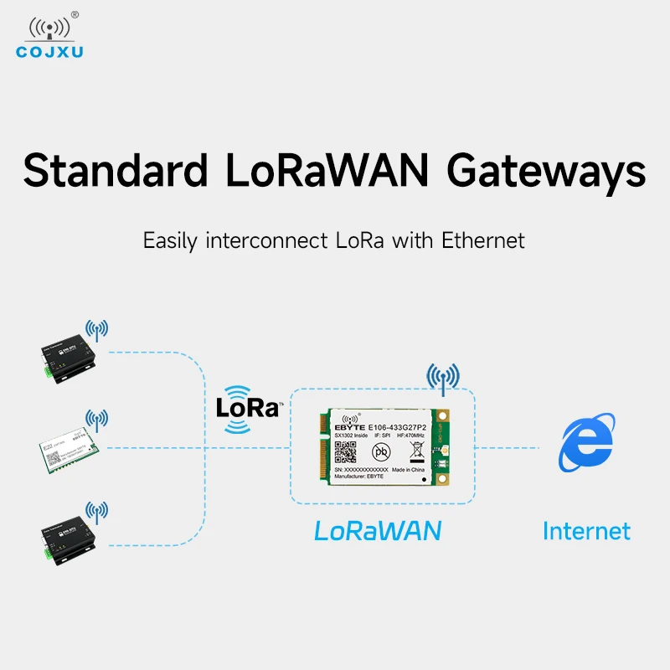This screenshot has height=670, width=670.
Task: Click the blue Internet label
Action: click(x=586, y=530)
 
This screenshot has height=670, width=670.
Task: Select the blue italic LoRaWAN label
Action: click(x=378, y=530)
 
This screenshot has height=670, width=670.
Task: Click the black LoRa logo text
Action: click(x=247, y=409)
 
